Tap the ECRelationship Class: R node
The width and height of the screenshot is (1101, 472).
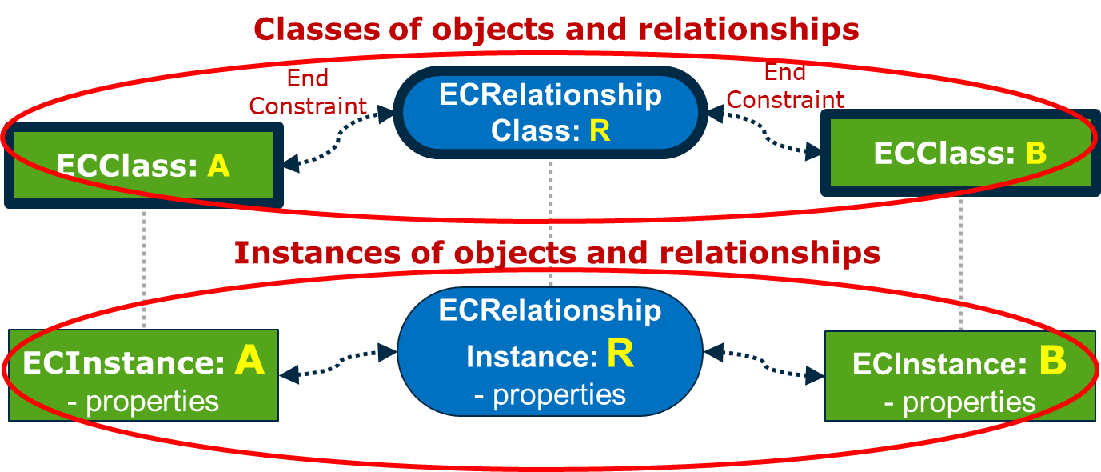coord(551,112)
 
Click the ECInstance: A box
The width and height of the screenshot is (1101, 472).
coord(143,375)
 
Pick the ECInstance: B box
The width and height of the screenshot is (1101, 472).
coord(959,377)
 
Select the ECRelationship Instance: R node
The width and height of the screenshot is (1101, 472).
coord(550,352)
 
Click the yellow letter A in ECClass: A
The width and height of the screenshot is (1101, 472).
coord(218,166)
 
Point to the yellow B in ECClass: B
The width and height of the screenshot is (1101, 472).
coord(1035,153)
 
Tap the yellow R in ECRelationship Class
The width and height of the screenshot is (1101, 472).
coord(600,130)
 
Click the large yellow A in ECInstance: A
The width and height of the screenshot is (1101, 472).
coord(249,362)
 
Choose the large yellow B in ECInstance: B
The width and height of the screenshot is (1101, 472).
coord(1052,362)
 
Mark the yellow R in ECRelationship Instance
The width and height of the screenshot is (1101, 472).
coord(620,354)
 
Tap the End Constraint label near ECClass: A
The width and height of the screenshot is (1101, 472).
coord(308,92)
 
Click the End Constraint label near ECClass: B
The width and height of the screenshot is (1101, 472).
coord(785,86)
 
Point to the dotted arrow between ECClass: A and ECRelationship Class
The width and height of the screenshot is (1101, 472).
coord(340,139)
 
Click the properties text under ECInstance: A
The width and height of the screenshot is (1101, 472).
coord(152,402)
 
